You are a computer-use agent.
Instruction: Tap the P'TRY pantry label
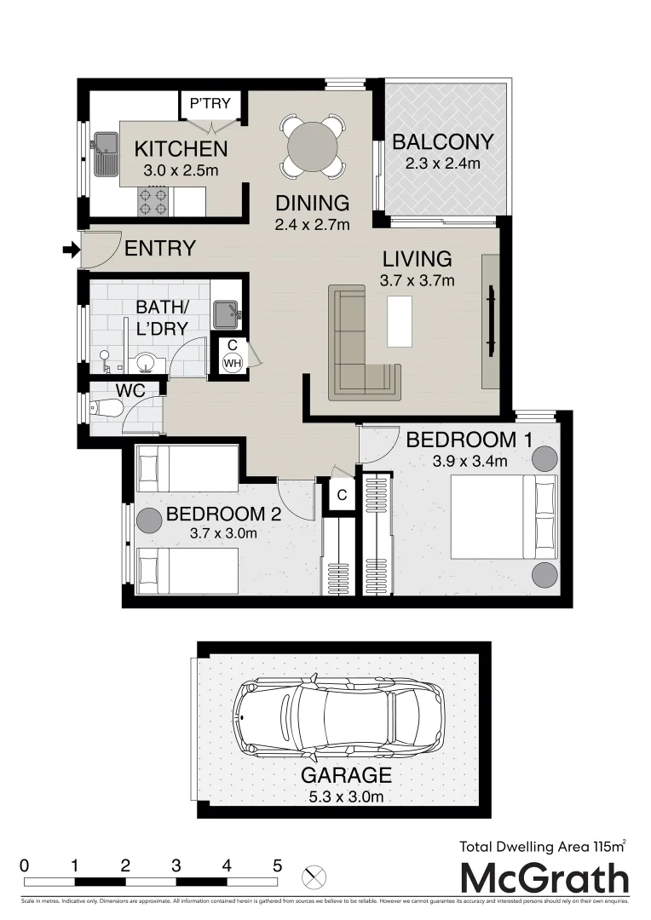[210, 104]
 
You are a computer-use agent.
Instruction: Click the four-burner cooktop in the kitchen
[153, 201]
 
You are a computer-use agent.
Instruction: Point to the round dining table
[314, 147]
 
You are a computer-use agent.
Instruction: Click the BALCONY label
[442, 142]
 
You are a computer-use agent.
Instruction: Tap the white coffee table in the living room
[399, 320]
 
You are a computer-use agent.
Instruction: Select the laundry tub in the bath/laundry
[226, 313]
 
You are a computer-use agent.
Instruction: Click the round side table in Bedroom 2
[150, 520]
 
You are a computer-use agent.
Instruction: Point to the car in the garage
[341, 717]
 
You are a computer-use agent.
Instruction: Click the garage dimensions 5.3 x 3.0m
[345, 797]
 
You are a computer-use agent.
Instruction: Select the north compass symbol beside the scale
[314, 875]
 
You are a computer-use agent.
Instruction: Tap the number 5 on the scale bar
[277, 865]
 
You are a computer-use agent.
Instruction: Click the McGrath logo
[544, 878]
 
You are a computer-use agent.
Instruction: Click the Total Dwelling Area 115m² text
[543, 846]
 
